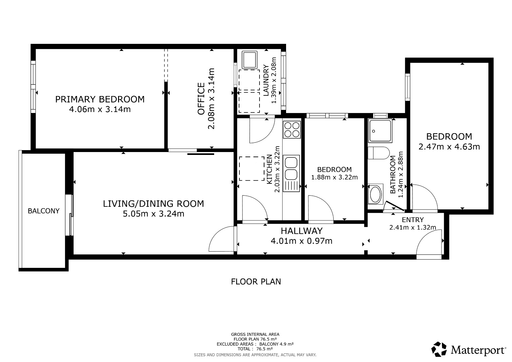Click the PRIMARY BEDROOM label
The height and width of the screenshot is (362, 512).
click(100, 99)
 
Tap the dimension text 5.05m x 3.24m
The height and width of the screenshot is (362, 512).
click(153, 214)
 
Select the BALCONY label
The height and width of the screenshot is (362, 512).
click(44, 211)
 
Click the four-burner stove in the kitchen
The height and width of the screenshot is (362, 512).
click(292, 130)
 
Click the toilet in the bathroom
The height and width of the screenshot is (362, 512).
click(379, 153)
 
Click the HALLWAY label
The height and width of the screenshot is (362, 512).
click(301, 231)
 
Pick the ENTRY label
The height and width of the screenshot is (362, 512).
click(413, 220)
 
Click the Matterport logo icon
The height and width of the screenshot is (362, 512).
click(439, 349)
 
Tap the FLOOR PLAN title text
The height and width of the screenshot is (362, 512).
click(256, 282)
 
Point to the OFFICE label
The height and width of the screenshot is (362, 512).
click(201, 99)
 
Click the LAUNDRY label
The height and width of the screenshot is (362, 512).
click(266, 80)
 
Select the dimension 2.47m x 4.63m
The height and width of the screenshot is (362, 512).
click(449, 147)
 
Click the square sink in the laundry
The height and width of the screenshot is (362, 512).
click(249, 60)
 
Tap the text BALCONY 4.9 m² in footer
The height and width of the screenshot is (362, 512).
click(276, 344)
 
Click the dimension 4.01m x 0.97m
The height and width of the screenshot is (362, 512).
click(301, 241)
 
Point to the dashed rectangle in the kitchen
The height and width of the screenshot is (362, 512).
click(252, 169)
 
